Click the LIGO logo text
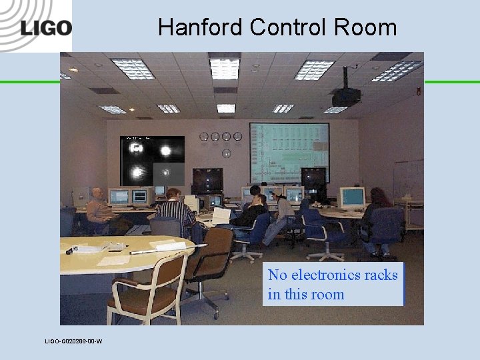pyautogui.click(x=45, y=27)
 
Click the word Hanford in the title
pyautogui.click(x=201, y=27)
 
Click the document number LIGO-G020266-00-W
pyautogui.click(x=73, y=341)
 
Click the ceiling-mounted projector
pyautogui.click(x=346, y=95)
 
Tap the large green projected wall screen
pyautogui.click(x=289, y=153)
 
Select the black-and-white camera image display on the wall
pyautogui.click(x=152, y=159)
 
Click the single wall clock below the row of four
pyautogui.click(x=226, y=153)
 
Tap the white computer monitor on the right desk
pyautogui.click(x=352, y=197)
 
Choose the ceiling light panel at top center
pyautogui.click(x=225, y=68)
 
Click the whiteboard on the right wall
pyautogui.click(x=407, y=179)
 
